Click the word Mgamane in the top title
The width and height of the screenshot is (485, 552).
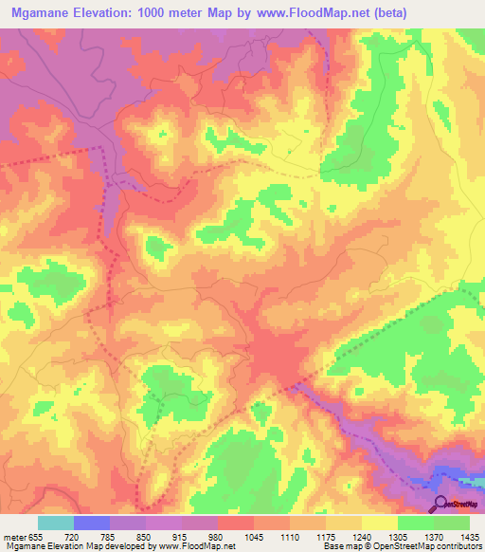(x=47, y=13)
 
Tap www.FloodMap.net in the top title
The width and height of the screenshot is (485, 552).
(x=314, y=13)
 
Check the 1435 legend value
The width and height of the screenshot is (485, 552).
(x=469, y=535)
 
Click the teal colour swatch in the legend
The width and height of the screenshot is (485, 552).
(x=55, y=523)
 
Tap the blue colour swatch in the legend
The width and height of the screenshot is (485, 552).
(x=92, y=523)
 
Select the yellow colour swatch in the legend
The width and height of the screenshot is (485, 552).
(x=380, y=523)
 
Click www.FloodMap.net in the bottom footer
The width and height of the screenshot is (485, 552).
(x=201, y=546)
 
